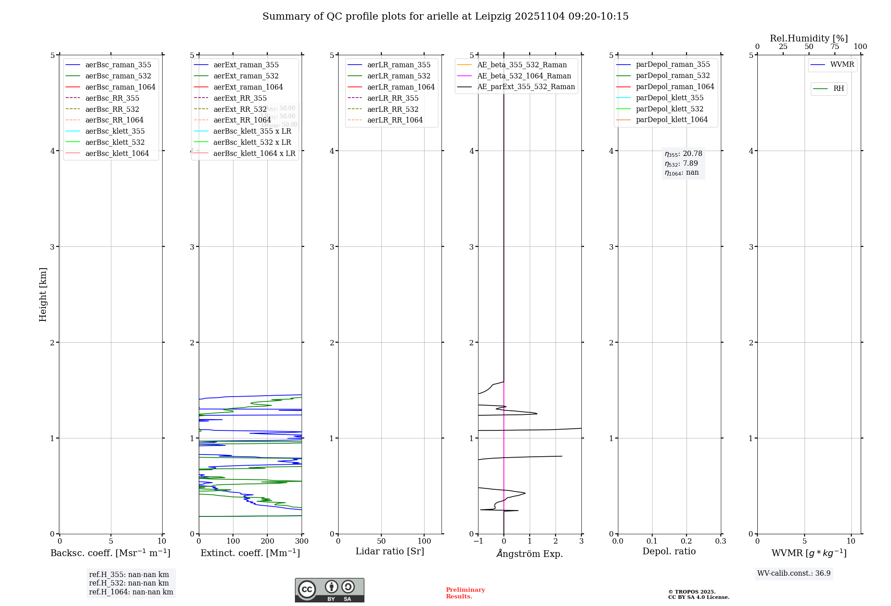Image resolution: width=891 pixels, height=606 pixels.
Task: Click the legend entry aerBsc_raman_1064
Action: point(120,87)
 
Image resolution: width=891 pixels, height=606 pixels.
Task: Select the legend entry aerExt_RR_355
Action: point(240,98)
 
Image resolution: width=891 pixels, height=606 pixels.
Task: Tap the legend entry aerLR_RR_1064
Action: point(395,120)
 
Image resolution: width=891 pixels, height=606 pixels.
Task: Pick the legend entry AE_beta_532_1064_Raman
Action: point(524,76)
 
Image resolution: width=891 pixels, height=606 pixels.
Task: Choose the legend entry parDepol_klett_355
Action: point(670,98)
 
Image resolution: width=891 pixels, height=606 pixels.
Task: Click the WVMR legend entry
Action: point(842,65)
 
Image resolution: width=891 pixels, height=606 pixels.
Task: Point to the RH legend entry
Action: point(838,89)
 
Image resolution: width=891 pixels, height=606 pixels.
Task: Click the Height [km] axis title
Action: point(43,295)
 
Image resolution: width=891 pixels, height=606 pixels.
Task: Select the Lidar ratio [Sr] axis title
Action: point(390,551)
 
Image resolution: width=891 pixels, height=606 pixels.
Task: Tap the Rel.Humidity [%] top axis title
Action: point(809,38)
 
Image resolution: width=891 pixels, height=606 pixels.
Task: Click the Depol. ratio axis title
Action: point(669,551)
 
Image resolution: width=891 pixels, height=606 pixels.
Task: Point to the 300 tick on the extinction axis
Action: point(302,541)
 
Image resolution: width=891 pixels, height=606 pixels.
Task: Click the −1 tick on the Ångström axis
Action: point(478,541)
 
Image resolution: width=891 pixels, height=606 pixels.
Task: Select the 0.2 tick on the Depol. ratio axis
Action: point(687,541)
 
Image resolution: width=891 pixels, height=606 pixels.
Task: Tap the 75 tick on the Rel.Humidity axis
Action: point(834,47)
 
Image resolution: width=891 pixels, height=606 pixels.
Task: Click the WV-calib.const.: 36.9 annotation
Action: point(793,573)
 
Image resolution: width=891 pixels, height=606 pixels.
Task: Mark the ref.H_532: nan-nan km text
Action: point(129,583)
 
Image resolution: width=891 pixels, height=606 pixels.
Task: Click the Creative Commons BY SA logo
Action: point(329,590)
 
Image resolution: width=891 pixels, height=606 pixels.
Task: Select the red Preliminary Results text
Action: point(465,593)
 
